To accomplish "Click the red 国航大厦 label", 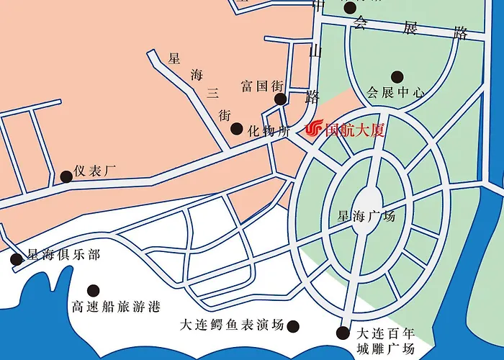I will click(x=356, y=130).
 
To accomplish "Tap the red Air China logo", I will click(x=315, y=130).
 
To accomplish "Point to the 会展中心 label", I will click(x=396, y=92).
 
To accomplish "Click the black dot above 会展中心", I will click(x=397, y=76).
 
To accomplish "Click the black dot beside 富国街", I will click(x=281, y=99).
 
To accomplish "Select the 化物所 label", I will click(x=269, y=131).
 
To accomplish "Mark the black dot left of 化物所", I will click(x=236, y=129).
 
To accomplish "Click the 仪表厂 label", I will click(x=94, y=171).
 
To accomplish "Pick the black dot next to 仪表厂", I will click(x=66, y=176).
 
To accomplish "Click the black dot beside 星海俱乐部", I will click(x=17, y=259).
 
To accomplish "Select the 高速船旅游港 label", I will click(x=115, y=306).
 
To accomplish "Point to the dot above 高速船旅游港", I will click(x=93, y=289).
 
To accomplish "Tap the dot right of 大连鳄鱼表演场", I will click(x=293, y=326).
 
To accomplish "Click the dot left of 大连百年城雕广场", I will click(x=343, y=333).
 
